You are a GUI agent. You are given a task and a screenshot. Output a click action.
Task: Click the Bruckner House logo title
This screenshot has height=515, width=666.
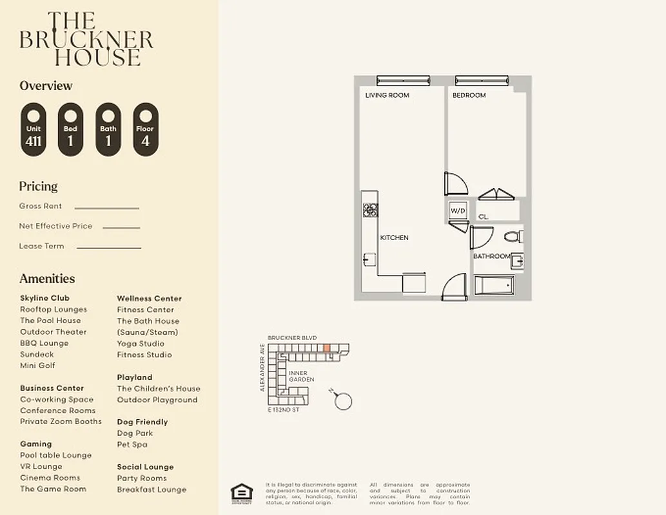pyautogui.click(x=86, y=39)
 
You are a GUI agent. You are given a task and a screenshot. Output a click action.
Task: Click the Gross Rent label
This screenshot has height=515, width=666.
pyautogui.click(x=41, y=206)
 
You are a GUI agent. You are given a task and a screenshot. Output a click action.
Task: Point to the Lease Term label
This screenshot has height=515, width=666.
pyautogui.click(x=41, y=246)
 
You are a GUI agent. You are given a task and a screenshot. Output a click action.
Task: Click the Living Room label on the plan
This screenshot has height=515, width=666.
pyautogui.click(x=387, y=95)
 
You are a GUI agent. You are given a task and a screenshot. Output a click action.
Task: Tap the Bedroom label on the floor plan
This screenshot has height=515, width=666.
pyautogui.click(x=469, y=95)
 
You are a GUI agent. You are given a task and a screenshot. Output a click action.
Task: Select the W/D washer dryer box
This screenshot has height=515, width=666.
pyautogui.click(x=458, y=211)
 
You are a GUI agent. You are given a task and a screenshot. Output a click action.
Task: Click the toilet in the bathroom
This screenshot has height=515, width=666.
pyautogui.click(x=514, y=236)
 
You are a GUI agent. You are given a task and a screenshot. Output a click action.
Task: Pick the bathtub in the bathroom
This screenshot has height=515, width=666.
pyautogui.click(x=494, y=285)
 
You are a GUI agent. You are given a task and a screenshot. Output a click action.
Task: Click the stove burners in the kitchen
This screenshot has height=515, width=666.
pyautogui.click(x=371, y=209)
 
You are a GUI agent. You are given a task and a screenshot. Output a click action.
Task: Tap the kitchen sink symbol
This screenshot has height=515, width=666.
pyautogui.click(x=369, y=259)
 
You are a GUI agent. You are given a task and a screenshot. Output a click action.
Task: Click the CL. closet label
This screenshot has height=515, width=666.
pyautogui.click(x=484, y=217)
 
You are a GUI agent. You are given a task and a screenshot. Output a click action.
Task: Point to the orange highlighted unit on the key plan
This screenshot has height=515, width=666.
pyautogui.click(x=326, y=348)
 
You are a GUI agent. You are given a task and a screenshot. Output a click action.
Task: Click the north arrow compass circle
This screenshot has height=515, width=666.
pyautogui.click(x=344, y=401)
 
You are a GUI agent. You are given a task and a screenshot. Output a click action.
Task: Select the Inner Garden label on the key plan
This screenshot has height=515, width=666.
pyautogui.click(x=301, y=377)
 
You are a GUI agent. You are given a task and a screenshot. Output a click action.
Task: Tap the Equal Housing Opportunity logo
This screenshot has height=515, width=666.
pyautogui.click(x=241, y=492)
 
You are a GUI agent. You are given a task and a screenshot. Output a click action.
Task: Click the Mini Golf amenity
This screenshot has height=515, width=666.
pyautogui.click(x=37, y=366)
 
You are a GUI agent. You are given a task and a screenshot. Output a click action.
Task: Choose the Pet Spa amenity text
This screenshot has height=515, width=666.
pyautogui.click(x=132, y=444)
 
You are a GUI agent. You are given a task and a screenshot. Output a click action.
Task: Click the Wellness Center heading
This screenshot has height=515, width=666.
pyautogui.click(x=149, y=298)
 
